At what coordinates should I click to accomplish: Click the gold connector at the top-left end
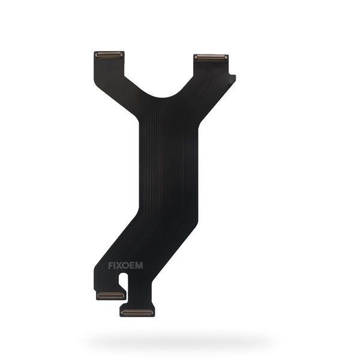(109, 55)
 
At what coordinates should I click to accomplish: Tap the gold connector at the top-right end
(211, 58)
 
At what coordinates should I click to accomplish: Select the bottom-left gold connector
(110, 295)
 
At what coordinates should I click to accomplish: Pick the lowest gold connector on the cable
(137, 312)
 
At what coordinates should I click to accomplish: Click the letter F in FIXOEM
(110, 266)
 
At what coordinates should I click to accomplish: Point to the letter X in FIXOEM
(119, 266)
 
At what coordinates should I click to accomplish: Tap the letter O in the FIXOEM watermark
(126, 266)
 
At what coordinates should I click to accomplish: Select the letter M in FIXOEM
(139, 265)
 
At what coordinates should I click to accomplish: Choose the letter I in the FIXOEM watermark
(115, 266)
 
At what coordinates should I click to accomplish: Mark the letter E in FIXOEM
(133, 266)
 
